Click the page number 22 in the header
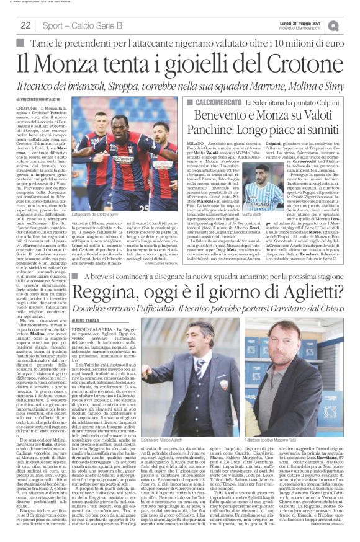coord(26,25)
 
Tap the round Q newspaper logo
coord(351,25)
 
